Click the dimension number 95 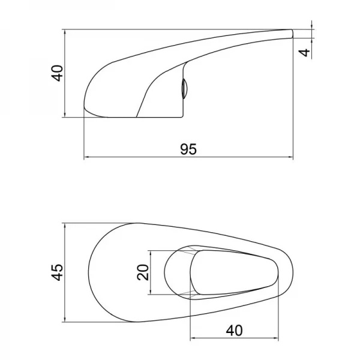(188, 149)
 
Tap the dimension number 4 (305, 53)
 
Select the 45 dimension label (57, 272)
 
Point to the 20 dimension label (143, 272)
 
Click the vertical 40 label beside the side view (57, 73)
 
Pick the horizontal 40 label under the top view (234, 331)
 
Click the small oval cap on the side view (184, 88)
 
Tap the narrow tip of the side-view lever (292, 34)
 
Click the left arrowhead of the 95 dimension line (86, 157)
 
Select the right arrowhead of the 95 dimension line (290, 157)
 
